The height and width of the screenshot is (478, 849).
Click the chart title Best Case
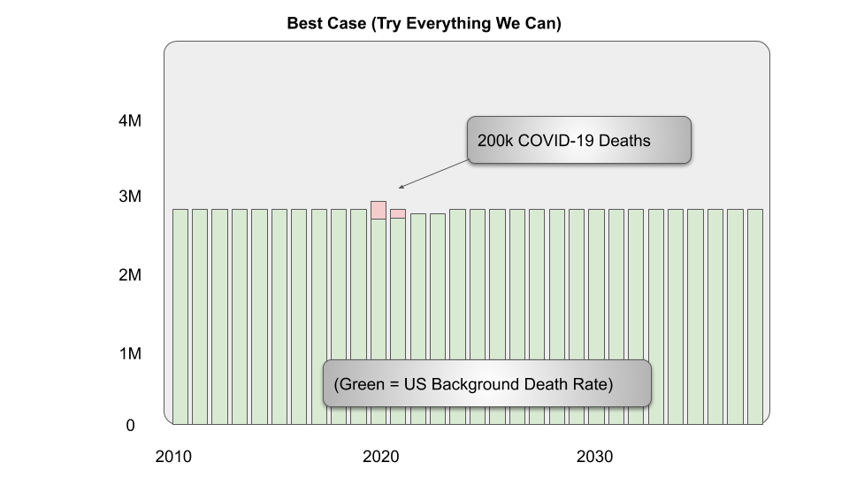click(x=424, y=24)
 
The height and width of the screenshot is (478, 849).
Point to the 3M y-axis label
click(x=130, y=197)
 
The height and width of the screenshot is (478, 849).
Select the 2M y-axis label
click(x=130, y=275)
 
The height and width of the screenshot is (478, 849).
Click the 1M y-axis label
click(x=130, y=354)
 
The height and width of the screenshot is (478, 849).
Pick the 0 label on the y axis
click(x=130, y=426)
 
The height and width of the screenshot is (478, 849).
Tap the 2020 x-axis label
click(x=381, y=457)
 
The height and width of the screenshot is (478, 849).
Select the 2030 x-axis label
click(x=595, y=457)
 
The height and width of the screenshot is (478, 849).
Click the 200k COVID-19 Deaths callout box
click(x=578, y=140)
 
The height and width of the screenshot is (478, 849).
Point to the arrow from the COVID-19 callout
click(x=432, y=174)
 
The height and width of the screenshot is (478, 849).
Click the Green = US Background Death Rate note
click(x=486, y=383)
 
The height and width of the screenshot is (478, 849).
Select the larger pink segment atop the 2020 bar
click(x=379, y=210)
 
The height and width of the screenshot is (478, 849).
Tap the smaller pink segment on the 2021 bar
click(x=398, y=213)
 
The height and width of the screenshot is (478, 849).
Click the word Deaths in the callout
click(x=625, y=140)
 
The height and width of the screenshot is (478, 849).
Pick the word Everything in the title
click(x=447, y=24)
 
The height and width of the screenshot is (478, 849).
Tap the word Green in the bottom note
click(x=365, y=384)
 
